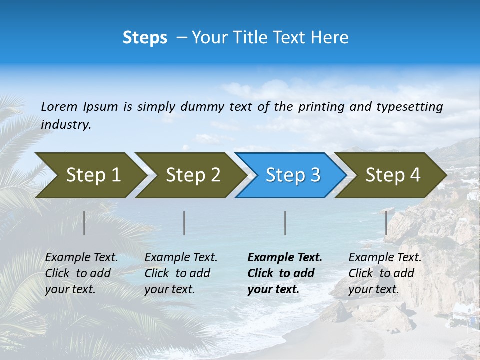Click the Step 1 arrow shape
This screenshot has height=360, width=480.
(90, 175)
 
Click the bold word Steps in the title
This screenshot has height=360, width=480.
(145, 38)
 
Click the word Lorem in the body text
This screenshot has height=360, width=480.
(59, 106)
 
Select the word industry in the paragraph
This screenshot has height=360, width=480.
(66, 124)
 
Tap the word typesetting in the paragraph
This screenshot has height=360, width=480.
(409, 106)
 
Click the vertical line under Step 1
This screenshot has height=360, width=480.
(84, 223)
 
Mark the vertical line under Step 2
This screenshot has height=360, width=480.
(184, 223)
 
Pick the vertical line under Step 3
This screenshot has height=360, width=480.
(285, 223)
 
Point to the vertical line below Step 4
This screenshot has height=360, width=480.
(386, 223)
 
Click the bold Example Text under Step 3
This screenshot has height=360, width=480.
(285, 258)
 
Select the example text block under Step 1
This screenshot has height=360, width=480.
(81, 273)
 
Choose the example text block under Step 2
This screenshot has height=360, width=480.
(181, 273)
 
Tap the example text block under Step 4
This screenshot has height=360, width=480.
(385, 273)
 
